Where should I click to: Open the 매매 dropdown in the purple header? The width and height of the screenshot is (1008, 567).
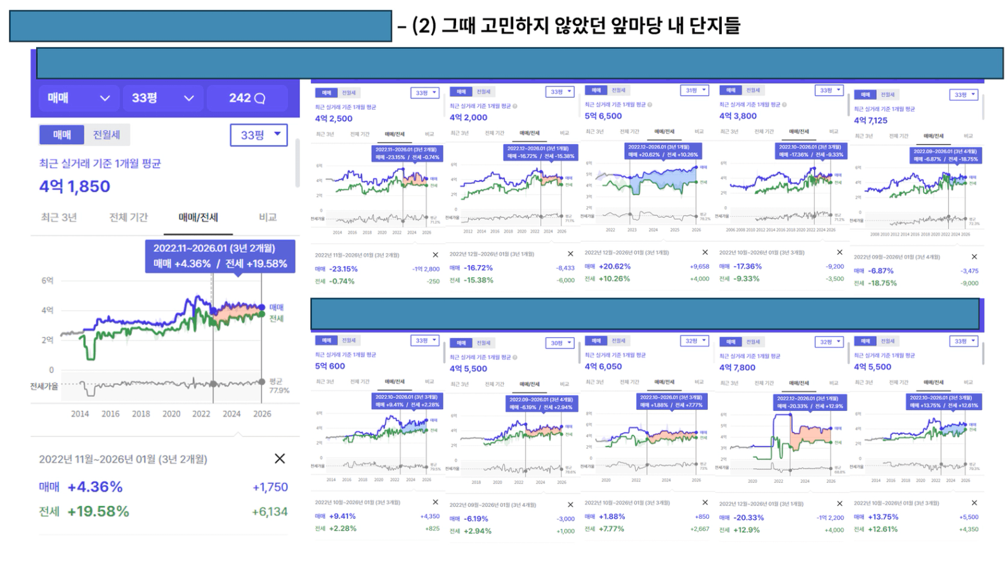[77, 98]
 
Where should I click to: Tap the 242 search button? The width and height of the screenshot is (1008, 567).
[247, 98]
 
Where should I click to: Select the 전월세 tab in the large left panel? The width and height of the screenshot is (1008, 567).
[107, 135]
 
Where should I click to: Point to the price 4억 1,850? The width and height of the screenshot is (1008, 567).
[75, 186]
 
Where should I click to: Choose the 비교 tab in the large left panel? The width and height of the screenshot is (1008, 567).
[268, 218]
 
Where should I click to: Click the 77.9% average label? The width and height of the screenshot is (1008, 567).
[279, 391]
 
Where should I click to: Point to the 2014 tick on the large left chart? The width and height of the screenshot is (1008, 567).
[80, 414]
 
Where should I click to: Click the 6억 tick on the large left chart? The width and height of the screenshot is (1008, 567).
[48, 280]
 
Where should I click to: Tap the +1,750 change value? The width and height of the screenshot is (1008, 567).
[270, 487]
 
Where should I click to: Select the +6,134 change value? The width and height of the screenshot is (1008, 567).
[270, 512]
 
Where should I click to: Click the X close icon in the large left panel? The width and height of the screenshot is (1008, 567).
[280, 459]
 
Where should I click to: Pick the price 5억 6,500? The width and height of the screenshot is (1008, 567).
[603, 116]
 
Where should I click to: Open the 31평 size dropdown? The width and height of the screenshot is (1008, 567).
[695, 91]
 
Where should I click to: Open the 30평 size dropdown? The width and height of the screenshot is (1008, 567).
[560, 343]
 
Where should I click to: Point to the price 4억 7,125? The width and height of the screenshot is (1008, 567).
[870, 121]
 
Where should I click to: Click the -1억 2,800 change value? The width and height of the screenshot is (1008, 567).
[426, 269]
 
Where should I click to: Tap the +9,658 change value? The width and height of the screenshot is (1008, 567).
[699, 267]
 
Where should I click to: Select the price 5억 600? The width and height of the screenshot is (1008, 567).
[330, 367]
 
